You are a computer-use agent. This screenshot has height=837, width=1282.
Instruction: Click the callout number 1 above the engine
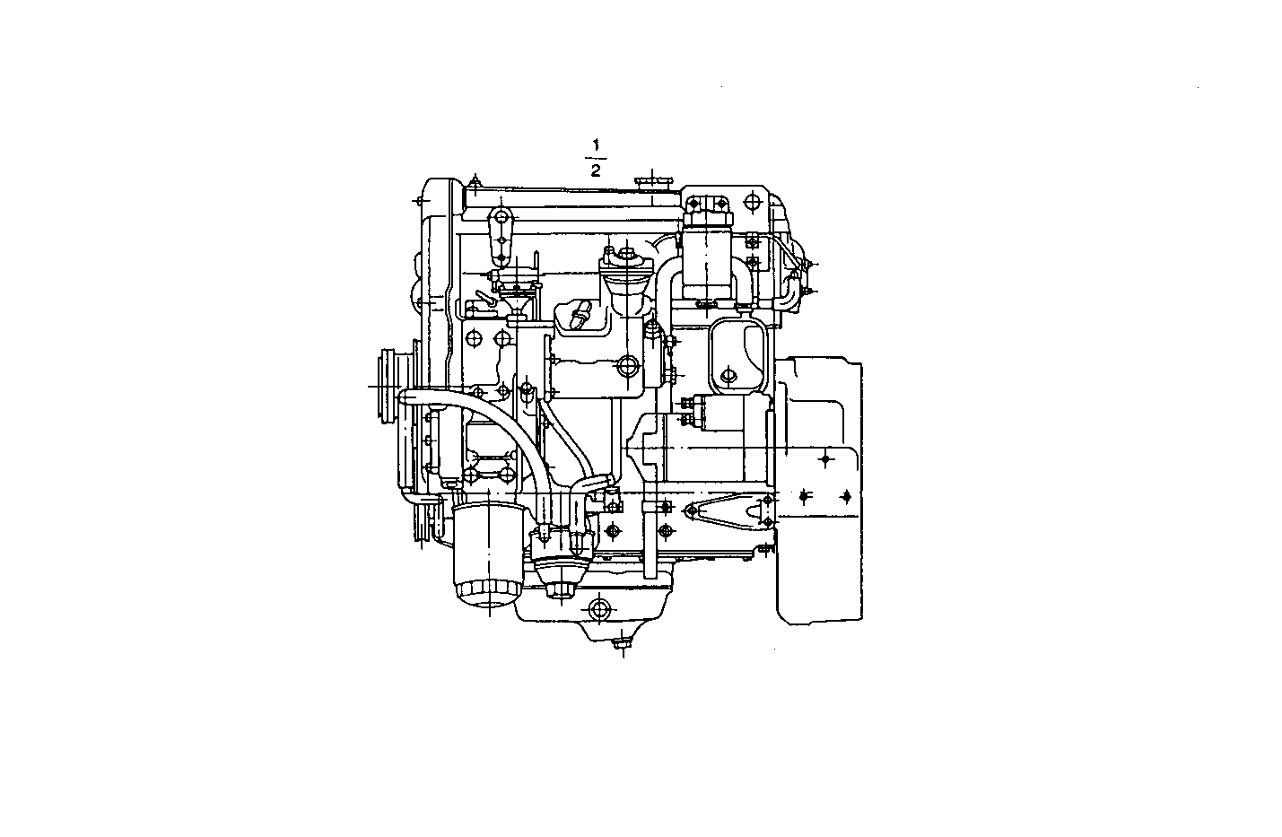[x=595, y=144]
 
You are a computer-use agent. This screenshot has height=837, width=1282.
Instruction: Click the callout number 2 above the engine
[x=595, y=170]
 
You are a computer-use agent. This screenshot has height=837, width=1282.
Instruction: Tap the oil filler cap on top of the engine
[x=653, y=182]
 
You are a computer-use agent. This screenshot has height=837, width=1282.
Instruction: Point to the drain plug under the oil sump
[x=619, y=642]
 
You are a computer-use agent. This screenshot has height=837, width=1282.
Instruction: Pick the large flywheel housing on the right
[x=818, y=489]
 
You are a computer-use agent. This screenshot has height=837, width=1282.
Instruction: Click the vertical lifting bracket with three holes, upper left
[x=501, y=238]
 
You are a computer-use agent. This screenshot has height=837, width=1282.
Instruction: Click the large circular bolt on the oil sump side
[x=598, y=610]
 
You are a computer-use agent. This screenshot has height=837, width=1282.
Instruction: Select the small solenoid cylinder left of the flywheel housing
[x=713, y=412]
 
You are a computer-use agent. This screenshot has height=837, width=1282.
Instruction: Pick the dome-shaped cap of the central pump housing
[x=623, y=265]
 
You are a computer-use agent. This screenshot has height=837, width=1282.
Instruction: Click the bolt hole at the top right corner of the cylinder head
[x=752, y=199]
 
